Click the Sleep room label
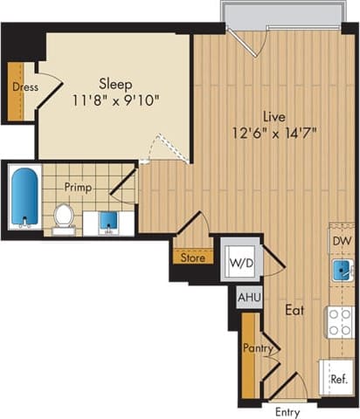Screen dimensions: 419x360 pos(114,85)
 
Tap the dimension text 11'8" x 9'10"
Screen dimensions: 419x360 pos(114,100)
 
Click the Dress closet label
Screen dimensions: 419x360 pos(24,86)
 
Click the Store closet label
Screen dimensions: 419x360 pos(191,258)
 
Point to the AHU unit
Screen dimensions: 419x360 pos(247,297)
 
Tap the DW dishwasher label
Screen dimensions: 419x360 pos(341,238)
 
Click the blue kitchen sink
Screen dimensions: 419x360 pos(341,271)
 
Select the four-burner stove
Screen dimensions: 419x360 pos(340,321)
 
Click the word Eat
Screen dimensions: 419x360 pos(294,310)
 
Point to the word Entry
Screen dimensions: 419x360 pos(287,411)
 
